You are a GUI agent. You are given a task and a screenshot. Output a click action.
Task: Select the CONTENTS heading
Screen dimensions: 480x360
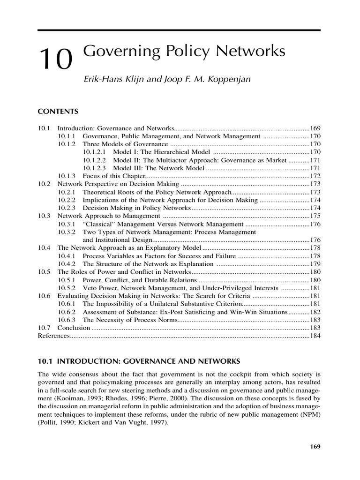point(58,112)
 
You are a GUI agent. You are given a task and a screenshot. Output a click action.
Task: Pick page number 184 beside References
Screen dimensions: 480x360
point(315,336)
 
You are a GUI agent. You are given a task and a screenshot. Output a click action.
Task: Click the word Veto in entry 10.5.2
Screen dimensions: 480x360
point(90,288)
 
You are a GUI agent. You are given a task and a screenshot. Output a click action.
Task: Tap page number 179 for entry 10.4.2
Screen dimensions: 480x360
point(315,264)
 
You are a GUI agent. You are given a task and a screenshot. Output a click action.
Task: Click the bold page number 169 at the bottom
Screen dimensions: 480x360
point(315,447)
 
